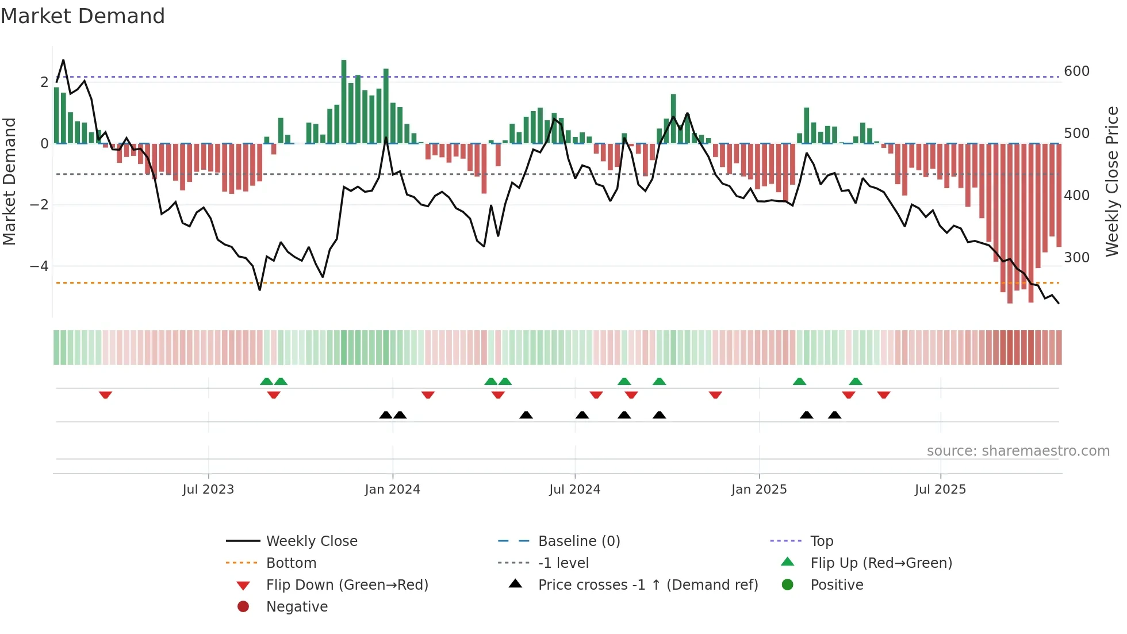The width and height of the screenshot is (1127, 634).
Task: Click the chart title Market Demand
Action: point(83,16)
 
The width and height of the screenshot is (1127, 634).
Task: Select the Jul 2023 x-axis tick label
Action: point(208,490)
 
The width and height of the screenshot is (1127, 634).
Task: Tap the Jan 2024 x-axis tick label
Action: point(392,490)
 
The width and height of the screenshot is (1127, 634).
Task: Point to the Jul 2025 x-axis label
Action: point(940,490)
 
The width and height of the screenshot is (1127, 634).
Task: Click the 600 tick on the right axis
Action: point(1076,71)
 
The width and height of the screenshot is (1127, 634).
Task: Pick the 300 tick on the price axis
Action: point(1076,257)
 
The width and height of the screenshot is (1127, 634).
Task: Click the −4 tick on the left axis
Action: point(39,266)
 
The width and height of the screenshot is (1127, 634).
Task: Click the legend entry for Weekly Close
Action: point(311,541)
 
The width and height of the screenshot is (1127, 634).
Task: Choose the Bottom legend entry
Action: point(291,563)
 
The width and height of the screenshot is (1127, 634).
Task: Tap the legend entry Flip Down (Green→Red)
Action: point(347,585)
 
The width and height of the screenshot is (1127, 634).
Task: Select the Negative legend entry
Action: point(297,607)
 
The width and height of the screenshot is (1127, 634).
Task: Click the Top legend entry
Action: point(822,541)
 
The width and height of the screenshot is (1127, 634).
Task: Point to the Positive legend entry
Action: point(837,585)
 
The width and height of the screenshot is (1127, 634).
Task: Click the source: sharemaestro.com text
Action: point(1018,451)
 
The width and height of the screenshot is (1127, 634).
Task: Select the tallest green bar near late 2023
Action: point(344,101)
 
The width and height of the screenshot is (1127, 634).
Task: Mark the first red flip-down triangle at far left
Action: point(105,395)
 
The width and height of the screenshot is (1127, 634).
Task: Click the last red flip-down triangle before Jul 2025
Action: point(884,395)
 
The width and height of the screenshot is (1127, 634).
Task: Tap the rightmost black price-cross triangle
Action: point(834,415)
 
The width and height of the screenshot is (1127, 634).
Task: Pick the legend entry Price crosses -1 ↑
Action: point(647,585)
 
